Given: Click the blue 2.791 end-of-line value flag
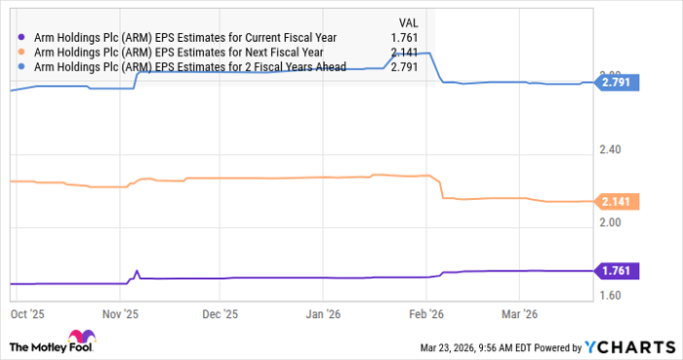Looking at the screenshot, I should [x=618, y=84].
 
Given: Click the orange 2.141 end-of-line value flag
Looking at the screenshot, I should [x=618, y=202].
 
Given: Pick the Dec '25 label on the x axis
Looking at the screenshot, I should [x=220, y=315].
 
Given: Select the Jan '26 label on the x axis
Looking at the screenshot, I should [x=323, y=315].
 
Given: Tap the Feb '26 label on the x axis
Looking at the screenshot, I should [x=425, y=315].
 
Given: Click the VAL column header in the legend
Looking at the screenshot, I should [x=412, y=21].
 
